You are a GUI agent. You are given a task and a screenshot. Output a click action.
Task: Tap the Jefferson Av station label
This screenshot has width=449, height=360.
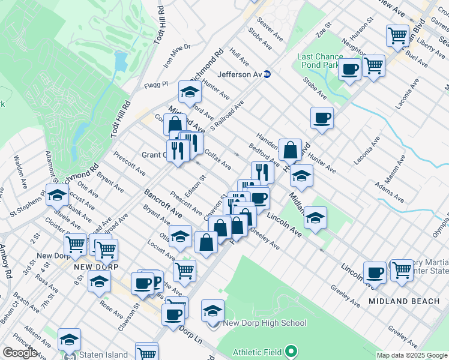(240, 74)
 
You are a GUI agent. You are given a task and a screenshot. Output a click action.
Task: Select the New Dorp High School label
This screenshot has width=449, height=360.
(264, 323)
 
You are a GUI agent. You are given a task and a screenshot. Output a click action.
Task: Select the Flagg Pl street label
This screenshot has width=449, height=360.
(156, 85)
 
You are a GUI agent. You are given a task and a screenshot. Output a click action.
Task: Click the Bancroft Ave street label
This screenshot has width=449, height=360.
(163, 203)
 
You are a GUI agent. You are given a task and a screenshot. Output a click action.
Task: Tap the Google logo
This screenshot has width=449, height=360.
(20, 353)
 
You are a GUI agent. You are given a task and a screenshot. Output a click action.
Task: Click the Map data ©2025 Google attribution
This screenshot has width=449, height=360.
(412, 355)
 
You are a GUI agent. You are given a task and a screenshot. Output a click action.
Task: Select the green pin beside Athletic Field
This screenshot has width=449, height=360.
(291, 350)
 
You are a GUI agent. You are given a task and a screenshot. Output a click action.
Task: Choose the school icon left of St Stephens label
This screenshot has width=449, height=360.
(57, 195)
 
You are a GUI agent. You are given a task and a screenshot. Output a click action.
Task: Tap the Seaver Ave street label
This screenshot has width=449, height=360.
(270, 29)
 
